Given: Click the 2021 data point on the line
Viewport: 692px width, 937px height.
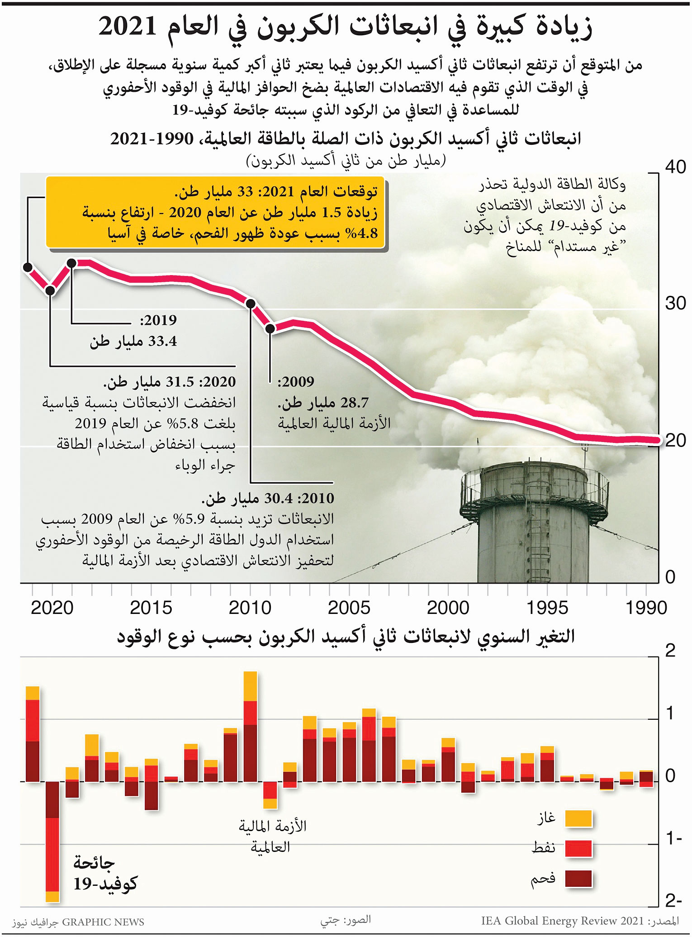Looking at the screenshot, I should pos(28,267).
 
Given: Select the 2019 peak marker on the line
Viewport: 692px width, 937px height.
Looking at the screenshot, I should pos(71,263).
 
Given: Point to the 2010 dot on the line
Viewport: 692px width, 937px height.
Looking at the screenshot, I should pos(251,303).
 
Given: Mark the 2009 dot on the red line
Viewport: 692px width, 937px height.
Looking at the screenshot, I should pos(270,328).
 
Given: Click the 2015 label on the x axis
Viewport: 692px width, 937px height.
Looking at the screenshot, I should pos(151,608).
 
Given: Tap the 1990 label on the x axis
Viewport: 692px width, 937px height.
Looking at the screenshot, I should pos(646,608).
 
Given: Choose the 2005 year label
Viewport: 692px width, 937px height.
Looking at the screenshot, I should pos(349,608).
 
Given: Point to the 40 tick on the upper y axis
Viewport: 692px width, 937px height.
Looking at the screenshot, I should pos(675,167).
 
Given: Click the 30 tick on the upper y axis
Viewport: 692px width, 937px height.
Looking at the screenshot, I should pos(675,303).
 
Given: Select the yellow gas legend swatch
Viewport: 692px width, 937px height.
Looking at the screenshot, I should pos(578,819).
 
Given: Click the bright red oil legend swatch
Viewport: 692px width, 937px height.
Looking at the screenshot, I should pos(578,849).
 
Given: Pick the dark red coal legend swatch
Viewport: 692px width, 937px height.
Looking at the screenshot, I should pos(578,879).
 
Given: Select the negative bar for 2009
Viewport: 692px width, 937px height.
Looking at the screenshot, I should pos(270,795).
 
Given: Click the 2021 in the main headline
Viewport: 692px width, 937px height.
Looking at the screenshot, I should pos(128,27).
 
